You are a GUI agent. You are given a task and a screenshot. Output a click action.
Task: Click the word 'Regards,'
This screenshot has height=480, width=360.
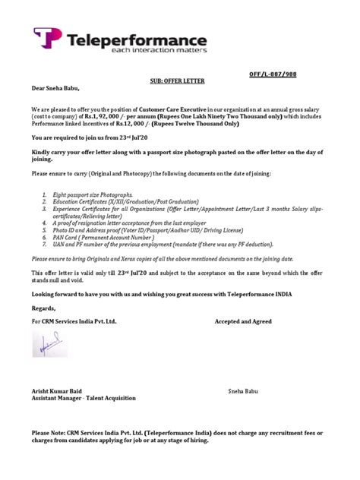click(x=44, y=309)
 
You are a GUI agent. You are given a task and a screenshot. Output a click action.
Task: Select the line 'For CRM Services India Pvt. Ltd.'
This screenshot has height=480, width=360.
click(x=74, y=322)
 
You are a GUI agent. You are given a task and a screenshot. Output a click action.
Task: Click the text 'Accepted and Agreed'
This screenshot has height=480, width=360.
click(x=243, y=322)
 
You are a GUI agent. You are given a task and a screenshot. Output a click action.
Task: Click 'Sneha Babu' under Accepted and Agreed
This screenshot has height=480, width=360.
click(x=243, y=390)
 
